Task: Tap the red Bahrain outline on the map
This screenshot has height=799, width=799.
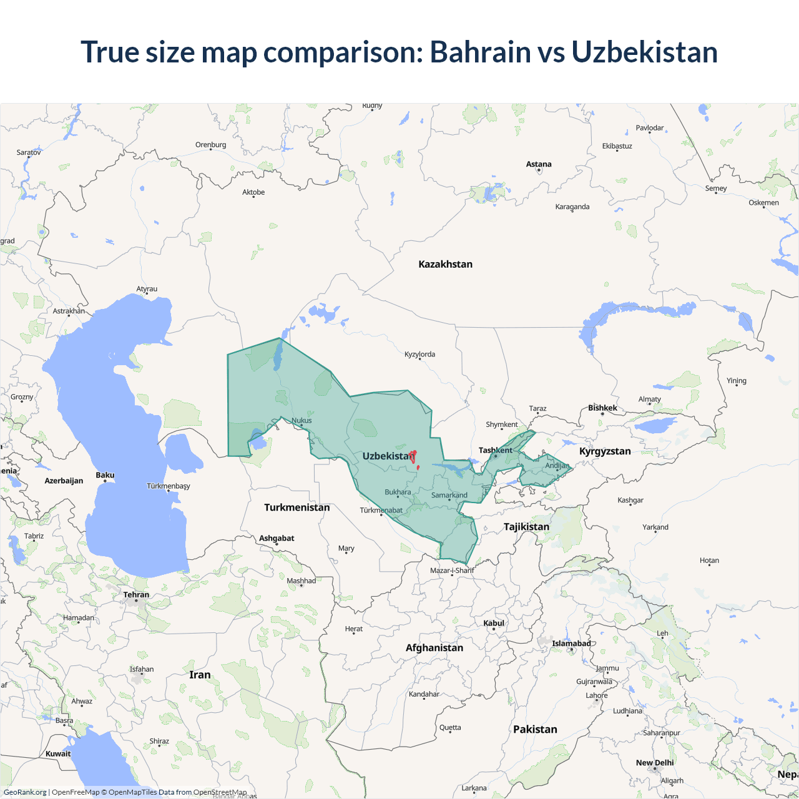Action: coord(413,456)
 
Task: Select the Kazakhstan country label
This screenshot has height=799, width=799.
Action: coord(445,264)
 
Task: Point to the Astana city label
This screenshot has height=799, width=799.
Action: coord(539,164)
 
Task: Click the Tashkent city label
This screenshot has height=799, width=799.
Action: coord(495,450)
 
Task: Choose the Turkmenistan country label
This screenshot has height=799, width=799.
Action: coord(297,507)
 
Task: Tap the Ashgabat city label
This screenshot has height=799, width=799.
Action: coord(277,538)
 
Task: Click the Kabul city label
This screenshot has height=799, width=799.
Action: coord(494,623)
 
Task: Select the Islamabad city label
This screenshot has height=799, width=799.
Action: coord(571,644)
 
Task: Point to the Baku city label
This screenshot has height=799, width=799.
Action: coord(105,475)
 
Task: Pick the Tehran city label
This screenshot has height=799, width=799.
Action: coord(136,594)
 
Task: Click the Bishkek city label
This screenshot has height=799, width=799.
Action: coord(602,408)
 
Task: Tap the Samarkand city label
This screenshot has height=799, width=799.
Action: coord(449,495)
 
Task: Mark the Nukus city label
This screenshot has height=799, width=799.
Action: coord(301,420)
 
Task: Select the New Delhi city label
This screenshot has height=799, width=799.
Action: coord(655,763)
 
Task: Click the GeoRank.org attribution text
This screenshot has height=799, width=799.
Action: coord(25,792)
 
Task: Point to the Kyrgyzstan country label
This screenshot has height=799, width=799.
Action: coord(605,451)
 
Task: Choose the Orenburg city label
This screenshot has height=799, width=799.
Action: coord(210,145)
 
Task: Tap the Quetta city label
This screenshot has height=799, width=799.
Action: coord(450,727)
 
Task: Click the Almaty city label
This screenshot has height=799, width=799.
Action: coord(649,399)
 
